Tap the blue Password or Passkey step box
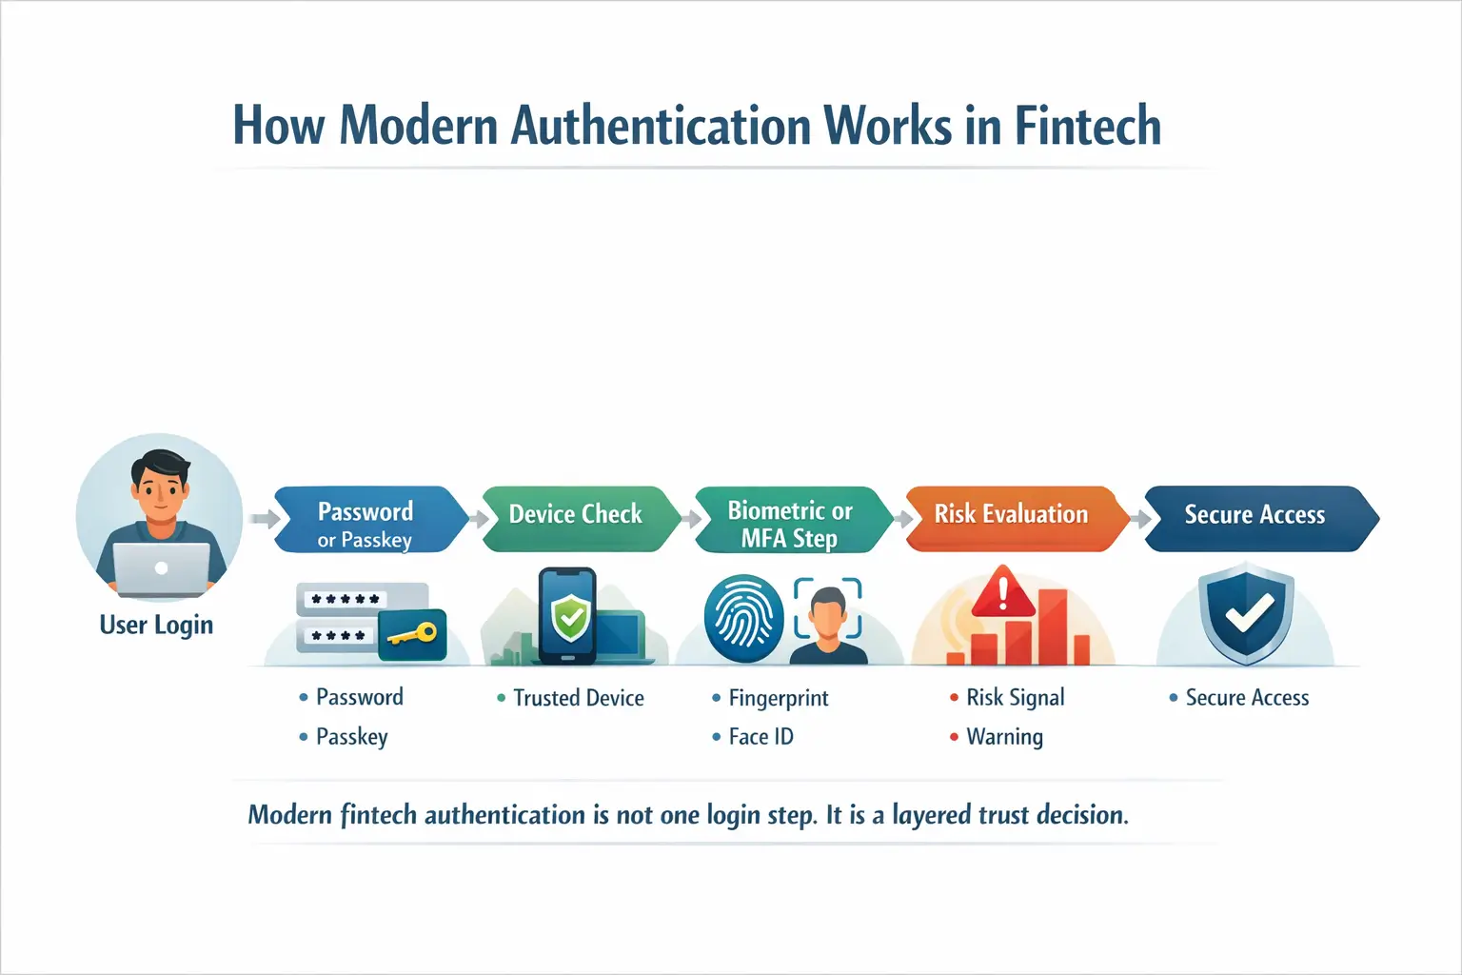(x=366, y=520)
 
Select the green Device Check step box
(x=577, y=515)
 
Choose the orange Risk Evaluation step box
(x=1011, y=515)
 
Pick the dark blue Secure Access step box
(x=1255, y=515)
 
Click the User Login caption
(x=156, y=626)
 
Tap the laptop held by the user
(x=161, y=568)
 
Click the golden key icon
(x=413, y=634)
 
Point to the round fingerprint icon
(x=743, y=618)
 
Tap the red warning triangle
(x=1002, y=593)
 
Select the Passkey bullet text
(x=351, y=737)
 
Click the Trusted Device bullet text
(x=578, y=698)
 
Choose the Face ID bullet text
(x=761, y=737)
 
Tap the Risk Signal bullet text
(x=1015, y=698)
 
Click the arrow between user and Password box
(x=264, y=519)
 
